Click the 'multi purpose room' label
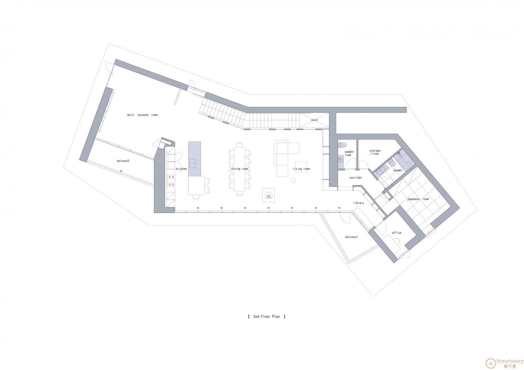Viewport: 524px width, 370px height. coord(142,115)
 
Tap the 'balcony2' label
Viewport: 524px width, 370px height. coord(123,161)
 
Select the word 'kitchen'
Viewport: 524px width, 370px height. coord(181,169)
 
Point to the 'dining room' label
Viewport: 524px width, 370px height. coord(239,169)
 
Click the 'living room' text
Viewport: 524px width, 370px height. coord(301,169)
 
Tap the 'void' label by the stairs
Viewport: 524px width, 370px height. coord(314,120)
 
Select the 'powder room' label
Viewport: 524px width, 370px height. coord(349,153)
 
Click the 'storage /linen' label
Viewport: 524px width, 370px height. coord(375,152)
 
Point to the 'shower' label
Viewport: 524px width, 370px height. coord(398,170)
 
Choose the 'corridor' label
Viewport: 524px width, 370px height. coord(356,178)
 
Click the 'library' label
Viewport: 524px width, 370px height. coord(358,203)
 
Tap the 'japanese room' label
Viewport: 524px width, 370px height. coord(418,199)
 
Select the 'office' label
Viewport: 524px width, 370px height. coord(396,233)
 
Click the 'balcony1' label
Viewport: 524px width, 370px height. coord(351,237)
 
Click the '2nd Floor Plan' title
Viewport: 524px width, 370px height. coord(267,316)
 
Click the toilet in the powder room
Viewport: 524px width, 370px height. coord(342,145)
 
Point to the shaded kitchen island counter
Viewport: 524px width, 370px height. coord(195,159)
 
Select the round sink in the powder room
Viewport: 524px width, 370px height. coord(340,160)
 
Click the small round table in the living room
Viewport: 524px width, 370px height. coord(293,180)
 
